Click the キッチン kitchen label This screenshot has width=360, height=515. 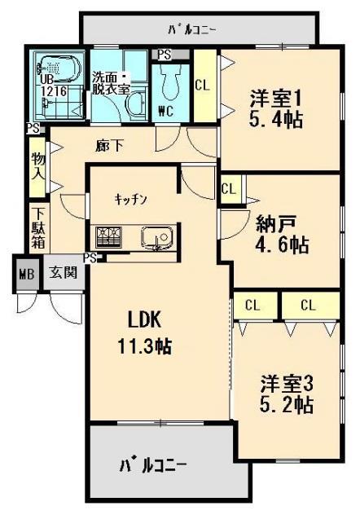tap(130, 198)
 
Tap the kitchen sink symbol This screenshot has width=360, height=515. tap(156, 237)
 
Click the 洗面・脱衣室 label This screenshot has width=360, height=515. tap(110, 74)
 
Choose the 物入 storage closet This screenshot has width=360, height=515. tap(37, 168)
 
